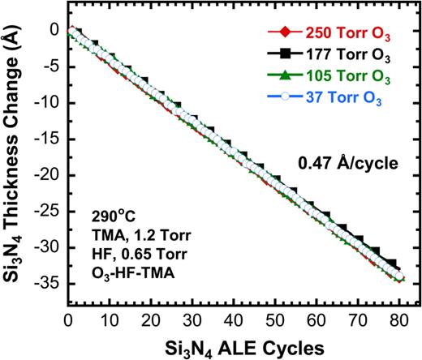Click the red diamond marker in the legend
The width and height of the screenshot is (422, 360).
(x=282, y=36)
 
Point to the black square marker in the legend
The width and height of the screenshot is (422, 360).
(x=282, y=57)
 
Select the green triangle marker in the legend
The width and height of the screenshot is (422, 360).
(x=282, y=78)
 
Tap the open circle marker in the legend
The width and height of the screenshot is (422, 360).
(x=282, y=99)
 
